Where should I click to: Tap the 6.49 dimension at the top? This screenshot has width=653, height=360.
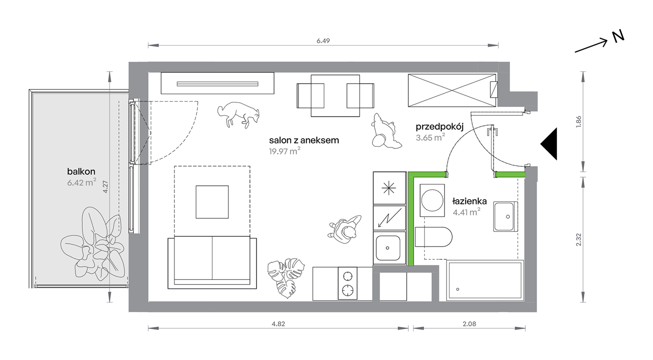[323, 41]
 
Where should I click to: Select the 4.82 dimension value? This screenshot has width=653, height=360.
[278, 324]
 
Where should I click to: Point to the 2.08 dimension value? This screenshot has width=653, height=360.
[469, 324]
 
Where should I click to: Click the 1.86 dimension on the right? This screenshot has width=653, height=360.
[579, 122]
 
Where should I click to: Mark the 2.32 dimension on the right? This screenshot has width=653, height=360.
[579, 240]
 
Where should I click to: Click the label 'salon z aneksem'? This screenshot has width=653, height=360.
[304, 140]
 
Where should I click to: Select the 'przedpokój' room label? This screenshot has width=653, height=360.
[440, 127]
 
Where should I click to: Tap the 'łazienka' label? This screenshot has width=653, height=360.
[469, 201]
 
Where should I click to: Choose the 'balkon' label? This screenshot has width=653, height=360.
[81, 171]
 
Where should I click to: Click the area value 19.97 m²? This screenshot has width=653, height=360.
[285, 151]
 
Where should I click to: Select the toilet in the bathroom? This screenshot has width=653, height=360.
[433, 237]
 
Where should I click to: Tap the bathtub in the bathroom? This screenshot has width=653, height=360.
[485, 280]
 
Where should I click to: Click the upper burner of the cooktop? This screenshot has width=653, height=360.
[348, 276]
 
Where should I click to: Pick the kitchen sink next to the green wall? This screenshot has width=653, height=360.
[388, 248]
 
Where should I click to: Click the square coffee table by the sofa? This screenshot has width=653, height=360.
[212, 202]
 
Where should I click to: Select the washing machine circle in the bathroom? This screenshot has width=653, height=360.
[432, 200]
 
